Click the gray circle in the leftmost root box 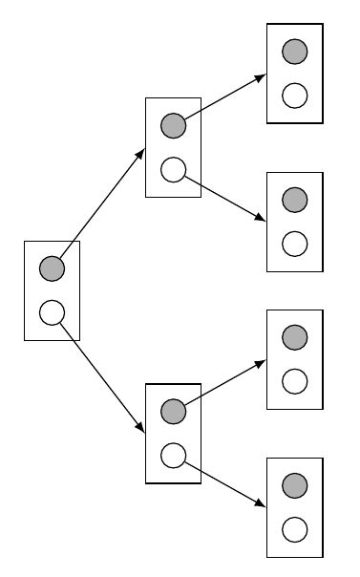point(52,268)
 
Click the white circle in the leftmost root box point(52,311)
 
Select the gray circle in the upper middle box point(173,125)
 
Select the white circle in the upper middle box point(173,169)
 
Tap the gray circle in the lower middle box point(173,412)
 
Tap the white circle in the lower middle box point(173,455)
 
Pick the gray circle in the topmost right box point(295,51)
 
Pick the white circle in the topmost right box point(295,95)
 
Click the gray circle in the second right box point(295,199)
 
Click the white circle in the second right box point(295,243)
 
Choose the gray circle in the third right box point(295,337)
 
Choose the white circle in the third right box point(295,381)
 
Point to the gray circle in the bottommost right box point(295,484)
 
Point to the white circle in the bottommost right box point(295,528)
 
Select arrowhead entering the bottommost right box point(261,503)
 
